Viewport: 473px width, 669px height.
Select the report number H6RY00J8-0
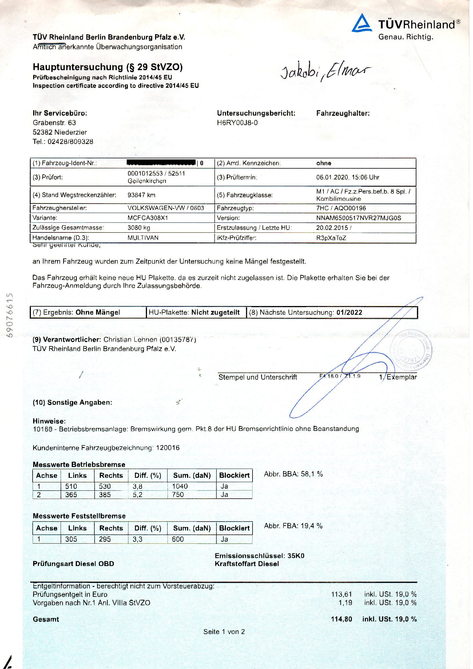pyautogui.click(x=237, y=123)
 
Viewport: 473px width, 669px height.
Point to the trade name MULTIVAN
pyautogui.click(x=143, y=238)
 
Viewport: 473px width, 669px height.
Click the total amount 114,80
pyautogui.click(x=341, y=619)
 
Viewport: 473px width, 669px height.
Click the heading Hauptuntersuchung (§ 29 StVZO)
pyautogui.click(x=108, y=67)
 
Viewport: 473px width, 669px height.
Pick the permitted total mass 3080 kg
pyautogui.click(x=139, y=228)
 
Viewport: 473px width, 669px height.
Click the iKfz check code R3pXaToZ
pyautogui.click(x=331, y=238)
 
